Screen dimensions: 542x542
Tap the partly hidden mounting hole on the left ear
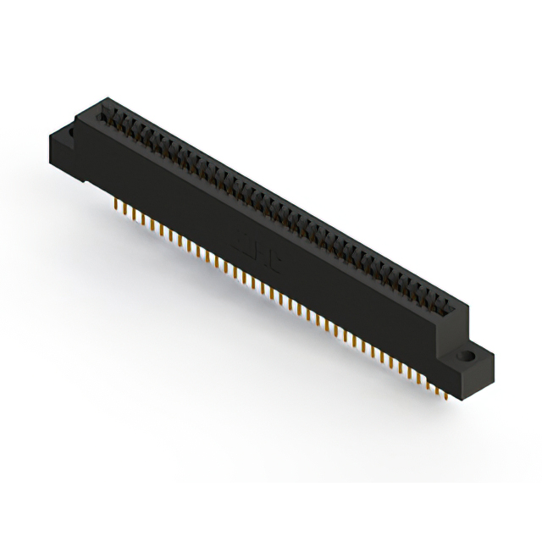69,135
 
